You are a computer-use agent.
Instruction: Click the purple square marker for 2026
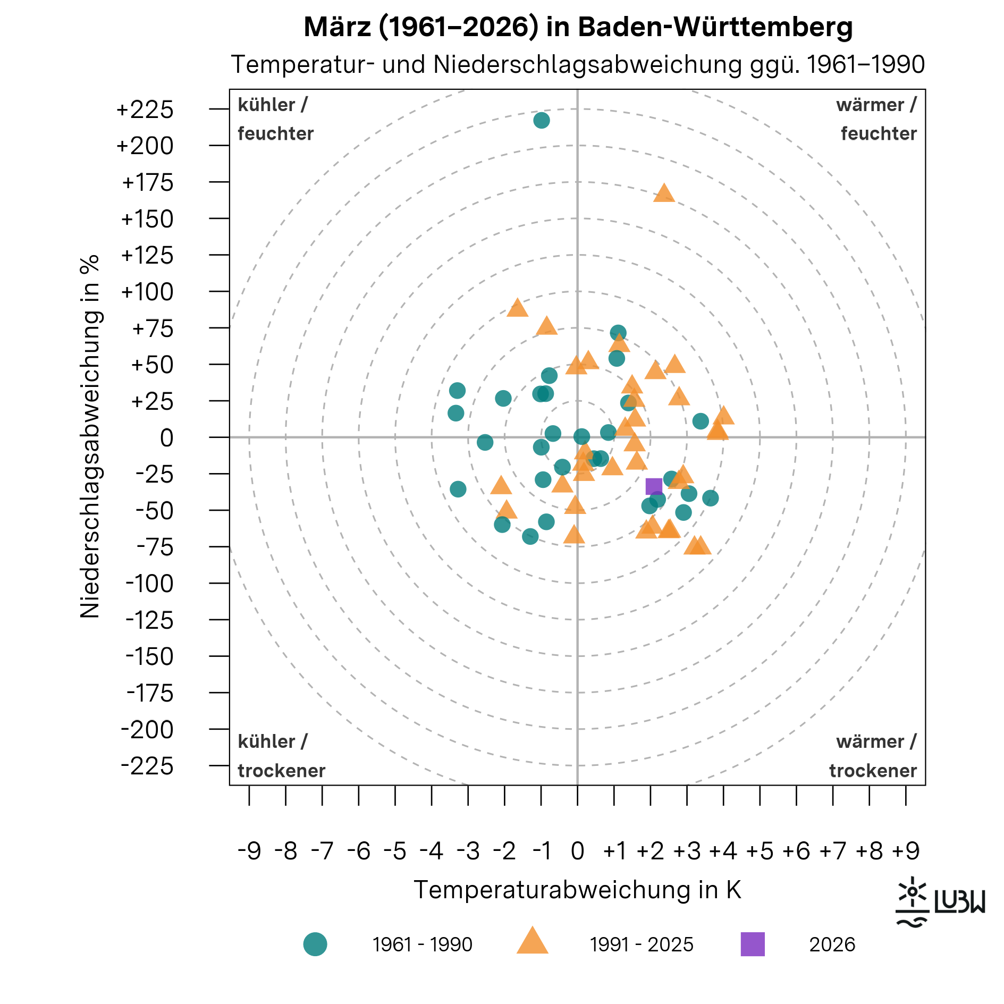pyautogui.click(x=654, y=486)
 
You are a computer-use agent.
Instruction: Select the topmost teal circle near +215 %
pyautogui.click(x=541, y=121)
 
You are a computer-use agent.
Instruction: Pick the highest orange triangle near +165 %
pyautogui.click(x=664, y=193)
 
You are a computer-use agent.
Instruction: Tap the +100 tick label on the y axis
pyautogui.click(x=147, y=292)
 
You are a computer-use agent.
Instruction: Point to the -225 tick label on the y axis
pyautogui.click(x=147, y=766)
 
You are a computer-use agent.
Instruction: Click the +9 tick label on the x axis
pyautogui.click(x=906, y=851)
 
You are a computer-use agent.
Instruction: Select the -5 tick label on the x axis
pyautogui.click(x=395, y=851)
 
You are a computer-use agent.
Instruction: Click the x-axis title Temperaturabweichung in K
pyautogui.click(x=577, y=890)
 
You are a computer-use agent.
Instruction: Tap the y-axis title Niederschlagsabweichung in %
pyautogui.click(x=90, y=436)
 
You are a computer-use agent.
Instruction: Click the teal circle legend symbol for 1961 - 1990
pyautogui.click(x=315, y=944)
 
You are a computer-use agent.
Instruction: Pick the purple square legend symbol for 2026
pyautogui.click(x=753, y=944)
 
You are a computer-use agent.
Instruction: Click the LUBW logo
pyautogui.click(x=940, y=902)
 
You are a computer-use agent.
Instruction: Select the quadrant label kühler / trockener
pyautogui.click(x=281, y=756)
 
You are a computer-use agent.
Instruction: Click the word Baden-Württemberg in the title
pyautogui.click(x=715, y=27)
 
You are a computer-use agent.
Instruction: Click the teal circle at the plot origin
pyautogui.click(x=581, y=437)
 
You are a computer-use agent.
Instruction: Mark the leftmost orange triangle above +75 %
pyautogui.click(x=517, y=308)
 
